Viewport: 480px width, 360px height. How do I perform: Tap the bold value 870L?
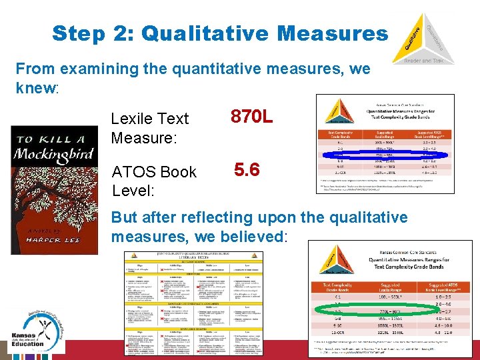tap(251, 118)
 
